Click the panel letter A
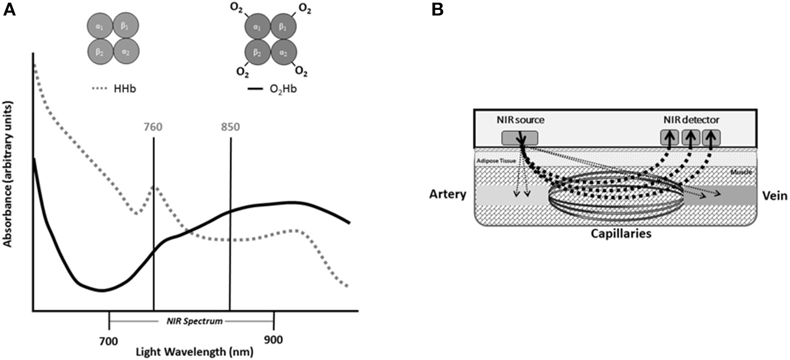tap(9, 9)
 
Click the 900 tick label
tap(274, 340)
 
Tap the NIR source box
tap(520, 138)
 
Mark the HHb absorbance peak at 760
tap(155, 188)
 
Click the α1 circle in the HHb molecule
tap(101, 26)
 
